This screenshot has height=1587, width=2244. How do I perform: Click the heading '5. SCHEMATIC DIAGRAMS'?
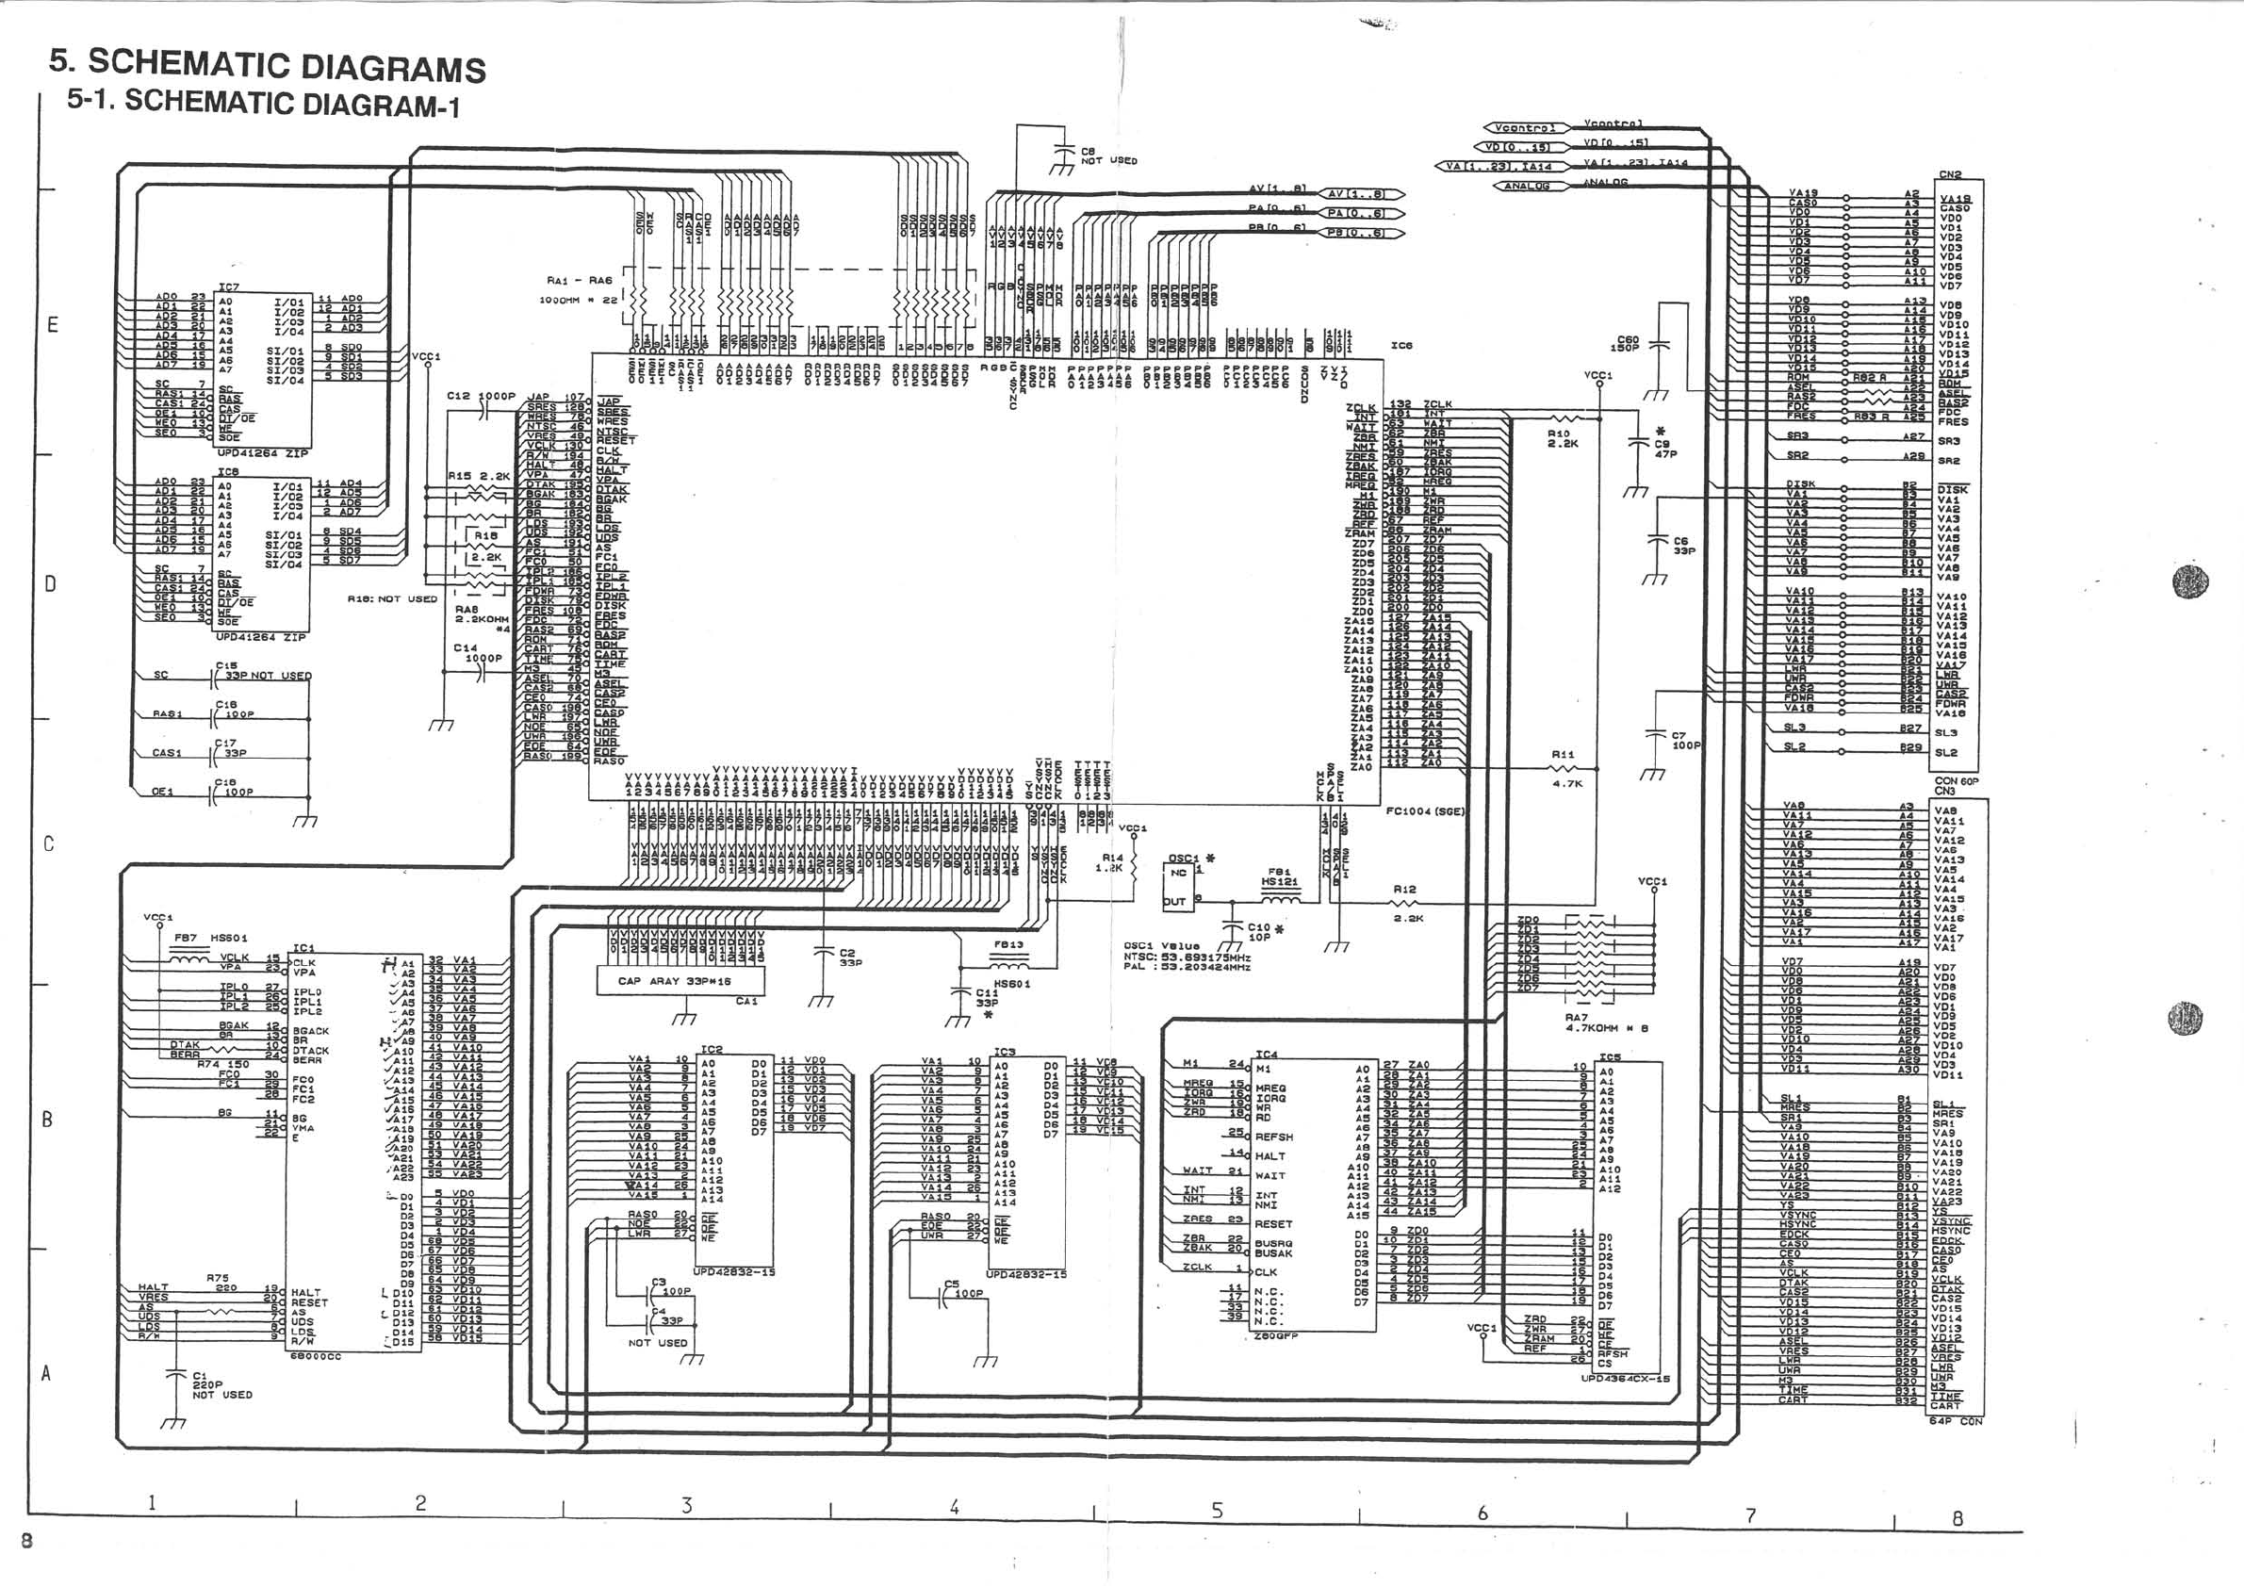tap(267, 64)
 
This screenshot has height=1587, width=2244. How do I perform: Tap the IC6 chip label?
tap(1401, 346)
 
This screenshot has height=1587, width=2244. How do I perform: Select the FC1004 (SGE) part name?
tap(1425, 811)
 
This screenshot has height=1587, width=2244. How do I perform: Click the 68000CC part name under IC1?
tap(315, 1357)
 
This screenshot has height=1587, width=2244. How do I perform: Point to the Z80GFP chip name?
tap(1274, 1336)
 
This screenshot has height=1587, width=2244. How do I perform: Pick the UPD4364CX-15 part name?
tap(1626, 1379)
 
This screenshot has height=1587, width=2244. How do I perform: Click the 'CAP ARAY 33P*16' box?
tap(675, 981)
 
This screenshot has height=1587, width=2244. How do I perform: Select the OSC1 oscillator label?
tap(1184, 858)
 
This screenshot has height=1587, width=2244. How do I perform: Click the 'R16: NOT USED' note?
tap(392, 599)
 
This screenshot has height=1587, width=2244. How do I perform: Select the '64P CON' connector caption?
tap(1955, 1421)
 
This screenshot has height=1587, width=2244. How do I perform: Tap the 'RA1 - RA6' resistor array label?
tap(580, 281)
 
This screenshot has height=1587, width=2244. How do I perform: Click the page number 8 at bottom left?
tap(26, 1541)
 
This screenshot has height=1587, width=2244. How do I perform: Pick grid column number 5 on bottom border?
tap(1217, 1511)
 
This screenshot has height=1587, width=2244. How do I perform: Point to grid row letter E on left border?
tap(53, 324)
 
